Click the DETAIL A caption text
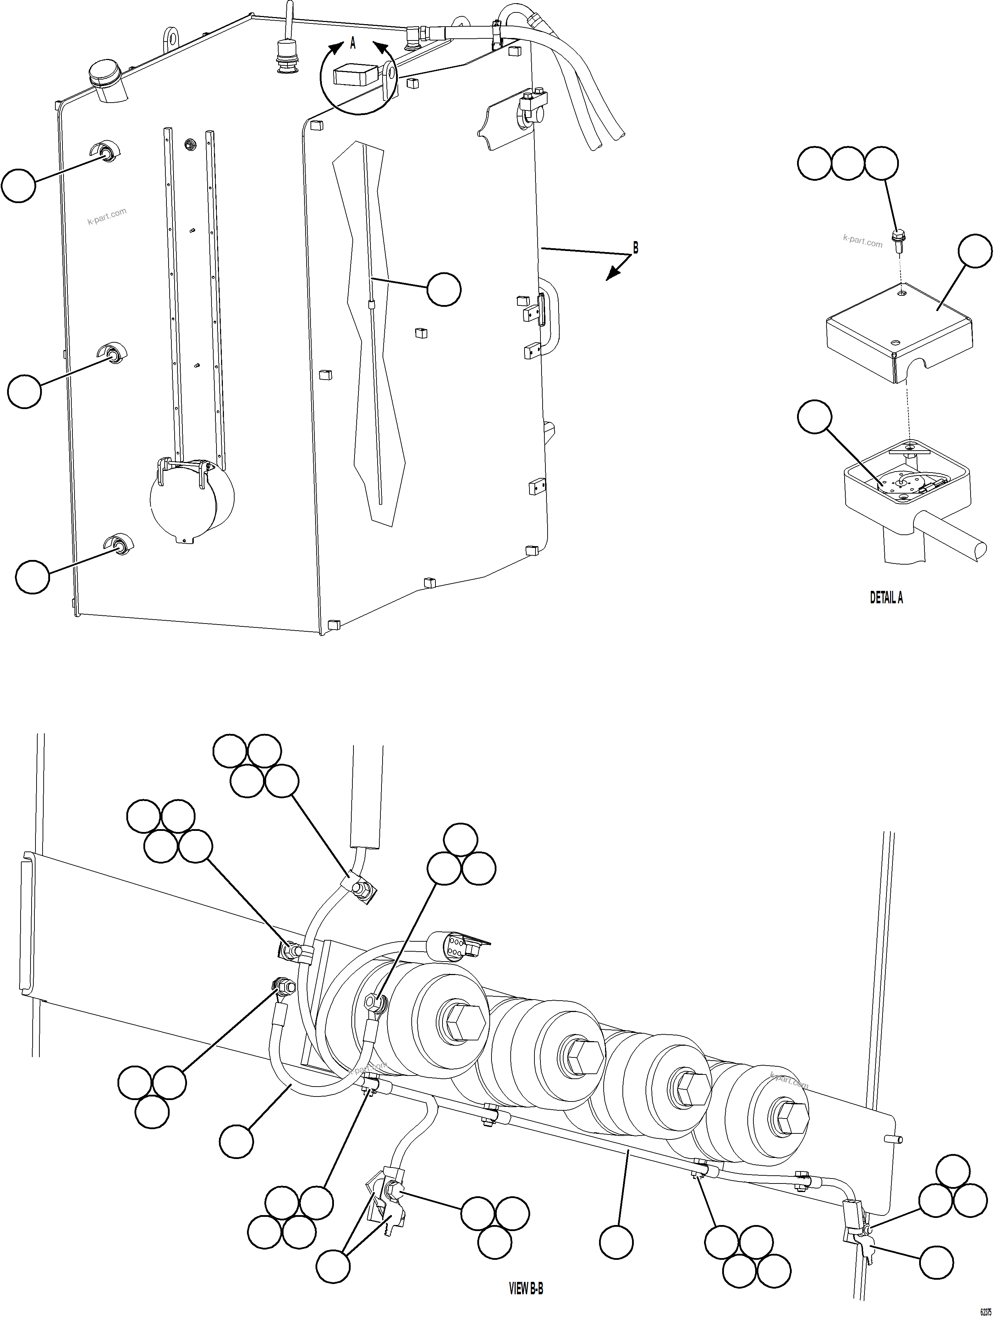point(886,598)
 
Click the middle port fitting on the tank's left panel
point(112,355)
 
